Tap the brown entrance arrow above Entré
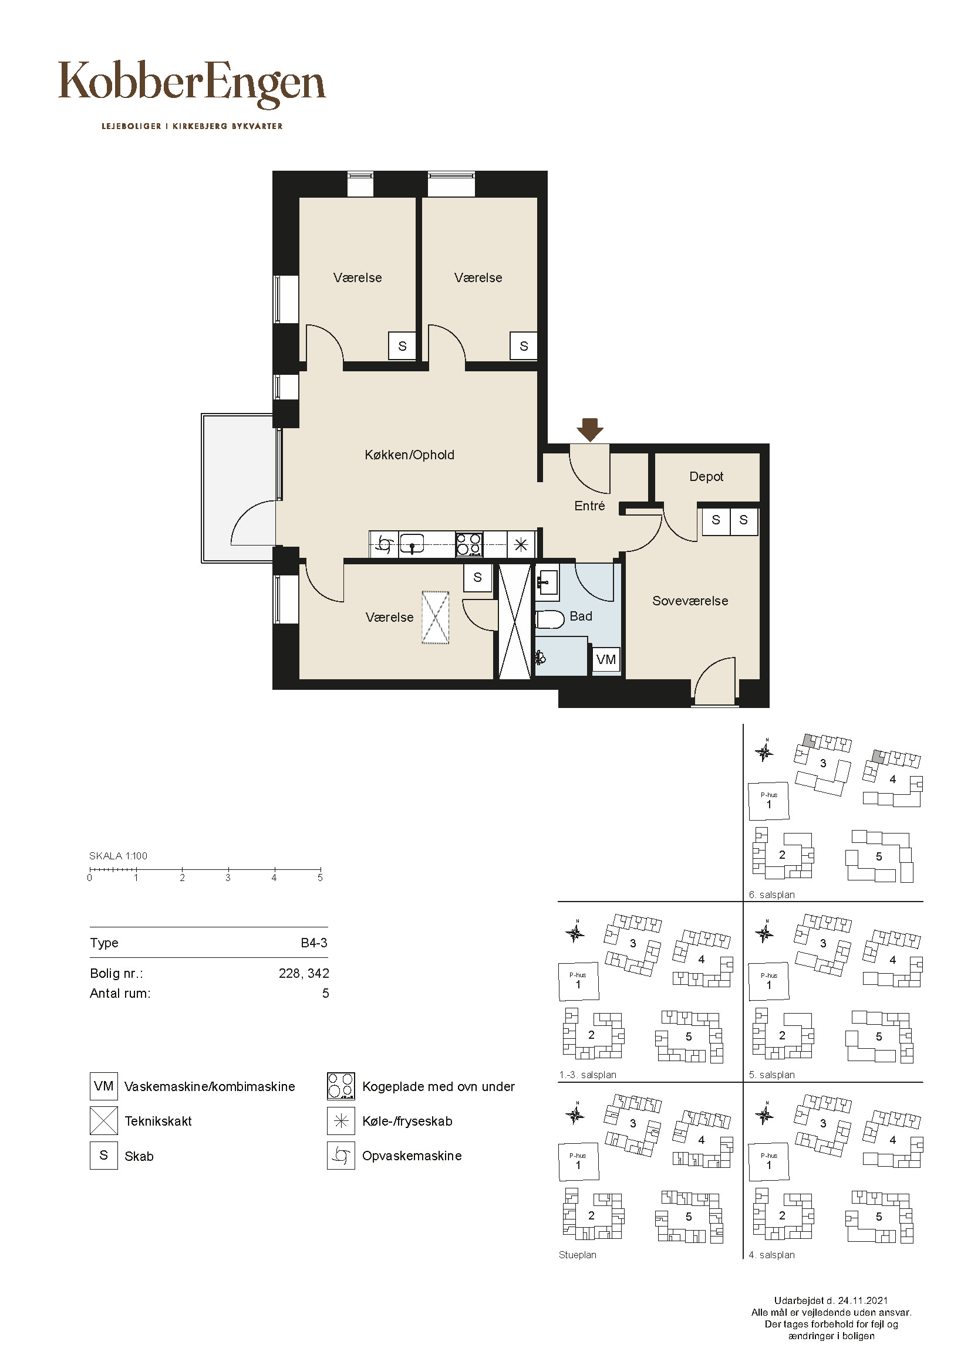click(x=590, y=429)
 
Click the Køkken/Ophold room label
click(x=410, y=455)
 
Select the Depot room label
click(x=706, y=476)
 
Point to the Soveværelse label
click(x=690, y=601)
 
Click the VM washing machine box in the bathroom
click(x=606, y=660)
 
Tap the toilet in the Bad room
click(x=550, y=619)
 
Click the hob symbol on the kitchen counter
click(x=468, y=544)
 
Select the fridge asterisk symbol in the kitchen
click(x=521, y=544)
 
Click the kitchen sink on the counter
click(x=412, y=544)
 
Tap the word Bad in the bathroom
click(x=581, y=616)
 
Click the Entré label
click(x=589, y=506)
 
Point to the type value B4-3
click(x=314, y=943)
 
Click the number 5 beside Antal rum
click(x=325, y=993)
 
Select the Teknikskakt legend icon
click(x=104, y=1121)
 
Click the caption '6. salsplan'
click(x=772, y=895)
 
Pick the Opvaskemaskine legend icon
click(x=342, y=1156)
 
